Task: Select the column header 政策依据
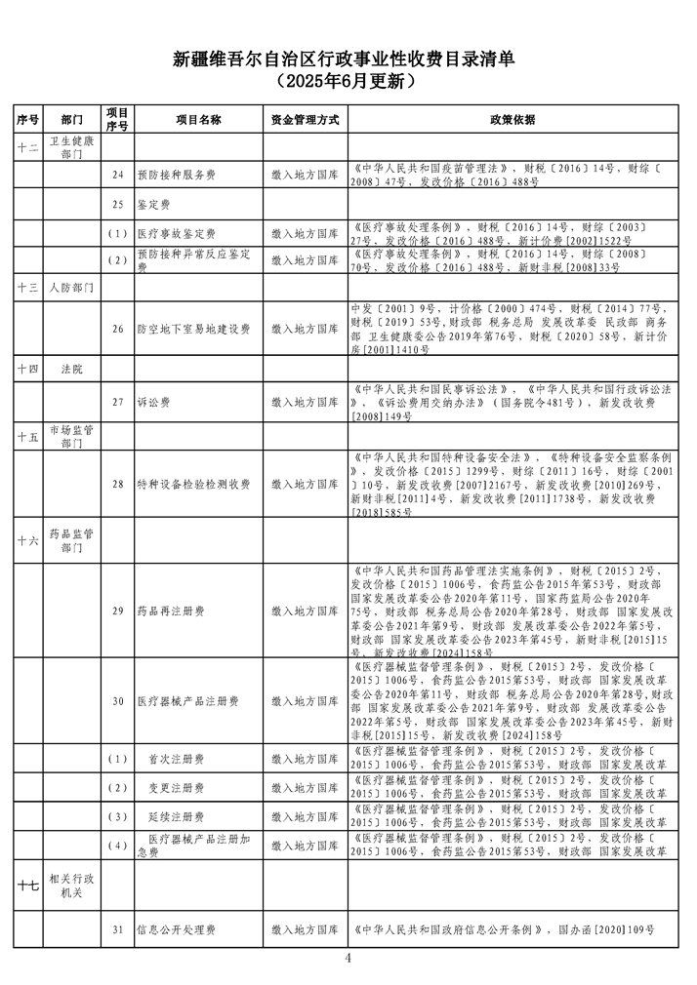pyautogui.click(x=512, y=119)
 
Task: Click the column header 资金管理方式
pyautogui.click(x=305, y=119)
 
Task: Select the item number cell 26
pyautogui.click(x=117, y=330)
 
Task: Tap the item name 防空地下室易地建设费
pyautogui.click(x=193, y=330)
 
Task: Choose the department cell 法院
pyautogui.click(x=72, y=370)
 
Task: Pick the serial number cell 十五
pyautogui.click(x=27, y=437)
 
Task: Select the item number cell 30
pyautogui.click(x=117, y=700)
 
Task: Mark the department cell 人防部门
pyautogui.click(x=72, y=289)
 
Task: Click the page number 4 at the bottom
pyautogui.click(x=348, y=958)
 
